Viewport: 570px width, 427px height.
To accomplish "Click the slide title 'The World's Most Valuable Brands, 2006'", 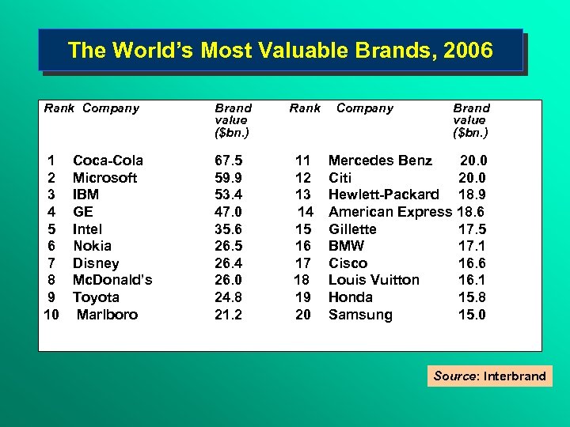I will (x=280, y=51).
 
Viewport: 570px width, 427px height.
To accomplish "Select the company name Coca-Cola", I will (x=108, y=161).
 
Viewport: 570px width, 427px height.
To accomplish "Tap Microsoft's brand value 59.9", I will (x=229, y=178).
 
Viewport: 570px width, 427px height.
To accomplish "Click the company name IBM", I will (x=85, y=195).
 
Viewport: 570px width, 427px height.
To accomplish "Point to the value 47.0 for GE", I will (x=229, y=212).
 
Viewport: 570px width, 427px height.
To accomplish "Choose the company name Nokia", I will (x=92, y=246).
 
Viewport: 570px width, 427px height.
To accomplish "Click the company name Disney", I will (x=96, y=263).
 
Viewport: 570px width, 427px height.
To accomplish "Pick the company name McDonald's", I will (x=112, y=280).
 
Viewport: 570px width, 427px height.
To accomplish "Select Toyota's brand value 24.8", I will (x=229, y=297).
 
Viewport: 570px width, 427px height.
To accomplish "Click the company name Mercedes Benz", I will (x=380, y=161).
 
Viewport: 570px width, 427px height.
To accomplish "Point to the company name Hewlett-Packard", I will (x=384, y=195).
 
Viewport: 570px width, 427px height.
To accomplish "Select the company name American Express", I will (x=389, y=212).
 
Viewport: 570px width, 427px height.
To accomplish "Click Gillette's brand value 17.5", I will (x=472, y=229).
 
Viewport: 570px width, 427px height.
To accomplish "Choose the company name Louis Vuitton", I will (x=374, y=280).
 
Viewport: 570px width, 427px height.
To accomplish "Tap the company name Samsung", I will (x=360, y=315).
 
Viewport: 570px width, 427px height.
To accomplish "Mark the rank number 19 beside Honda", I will (x=302, y=297).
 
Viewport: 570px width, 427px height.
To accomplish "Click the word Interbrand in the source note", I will (x=515, y=376).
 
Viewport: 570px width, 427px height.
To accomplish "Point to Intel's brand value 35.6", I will (x=229, y=229).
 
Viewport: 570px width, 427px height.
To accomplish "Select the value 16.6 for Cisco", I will (x=472, y=263).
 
